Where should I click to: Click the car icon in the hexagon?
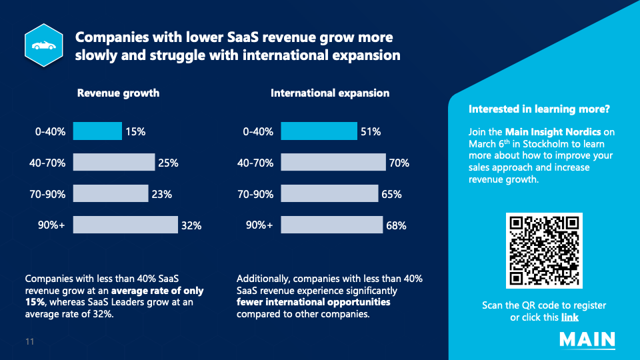pos(44,45)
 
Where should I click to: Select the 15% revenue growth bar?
pos(97,131)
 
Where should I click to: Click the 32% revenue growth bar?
pos(125,225)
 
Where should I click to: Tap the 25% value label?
pos(168,163)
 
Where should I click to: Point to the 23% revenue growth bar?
pos(111,193)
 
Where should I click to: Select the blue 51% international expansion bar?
pos(319,131)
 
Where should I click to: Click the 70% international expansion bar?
pos(333,163)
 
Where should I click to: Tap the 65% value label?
pos(391,194)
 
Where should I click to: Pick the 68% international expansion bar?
pos(332,225)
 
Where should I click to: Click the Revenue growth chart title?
pos(119,93)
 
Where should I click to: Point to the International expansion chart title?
pos(330,93)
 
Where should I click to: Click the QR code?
pos(544,251)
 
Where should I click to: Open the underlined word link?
pos(570,317)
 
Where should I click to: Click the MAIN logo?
pos(587,340)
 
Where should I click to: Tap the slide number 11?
pos(30,341)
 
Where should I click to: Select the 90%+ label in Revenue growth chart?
pos(51,225)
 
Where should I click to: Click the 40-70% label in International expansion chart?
pos(255,163)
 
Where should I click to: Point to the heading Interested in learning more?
pos(539,109)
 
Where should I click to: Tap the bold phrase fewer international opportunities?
pos(313,302)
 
